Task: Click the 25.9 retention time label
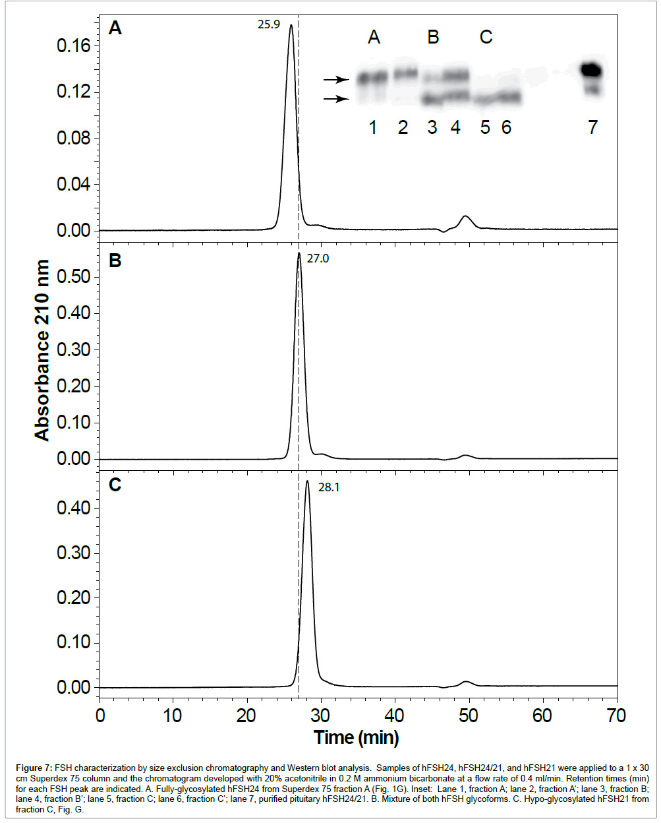pos(268,25)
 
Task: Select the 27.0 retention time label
pos(318,259)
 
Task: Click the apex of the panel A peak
pos(291,26)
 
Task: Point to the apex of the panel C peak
pos(307,481)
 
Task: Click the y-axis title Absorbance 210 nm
pos(42,350)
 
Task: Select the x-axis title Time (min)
pos(356,737)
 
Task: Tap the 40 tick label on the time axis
pos(394,716)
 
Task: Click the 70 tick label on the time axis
pos(616,716)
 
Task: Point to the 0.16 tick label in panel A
pos(73,46)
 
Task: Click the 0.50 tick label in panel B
pos(73,276)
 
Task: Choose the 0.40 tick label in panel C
pos(73,508)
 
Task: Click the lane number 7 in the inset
pos(592,127)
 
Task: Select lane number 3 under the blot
pos(432,127)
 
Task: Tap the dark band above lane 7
pos(592,69)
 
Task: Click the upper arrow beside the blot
pos(335,80)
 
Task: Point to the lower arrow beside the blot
pos(335,99)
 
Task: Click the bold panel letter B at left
pos(115,260)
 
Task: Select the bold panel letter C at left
pos(115,485)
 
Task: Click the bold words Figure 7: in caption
pos(34,768)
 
